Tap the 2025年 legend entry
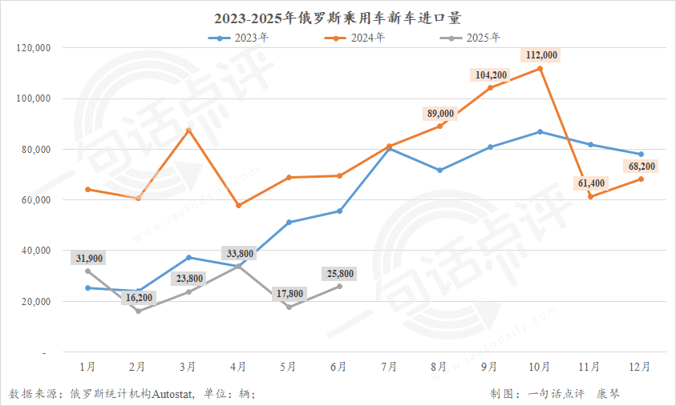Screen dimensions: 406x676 pos(478,38)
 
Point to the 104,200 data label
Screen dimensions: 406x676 pos(491,75)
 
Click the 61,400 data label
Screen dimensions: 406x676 pos(591,183)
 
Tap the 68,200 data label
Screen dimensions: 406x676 pos(639,167)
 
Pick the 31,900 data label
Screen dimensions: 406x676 pos(88,258)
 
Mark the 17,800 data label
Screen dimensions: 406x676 pos(289,294)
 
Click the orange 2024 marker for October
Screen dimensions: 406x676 pos(540,69)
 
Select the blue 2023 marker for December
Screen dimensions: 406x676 pos(641,154)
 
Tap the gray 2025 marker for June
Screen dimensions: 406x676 pos(339,286)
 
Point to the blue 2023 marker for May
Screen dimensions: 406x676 pos(289,222)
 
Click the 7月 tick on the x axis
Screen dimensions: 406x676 pos(389,367)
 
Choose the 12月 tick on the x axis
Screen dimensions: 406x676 pos(641,367)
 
